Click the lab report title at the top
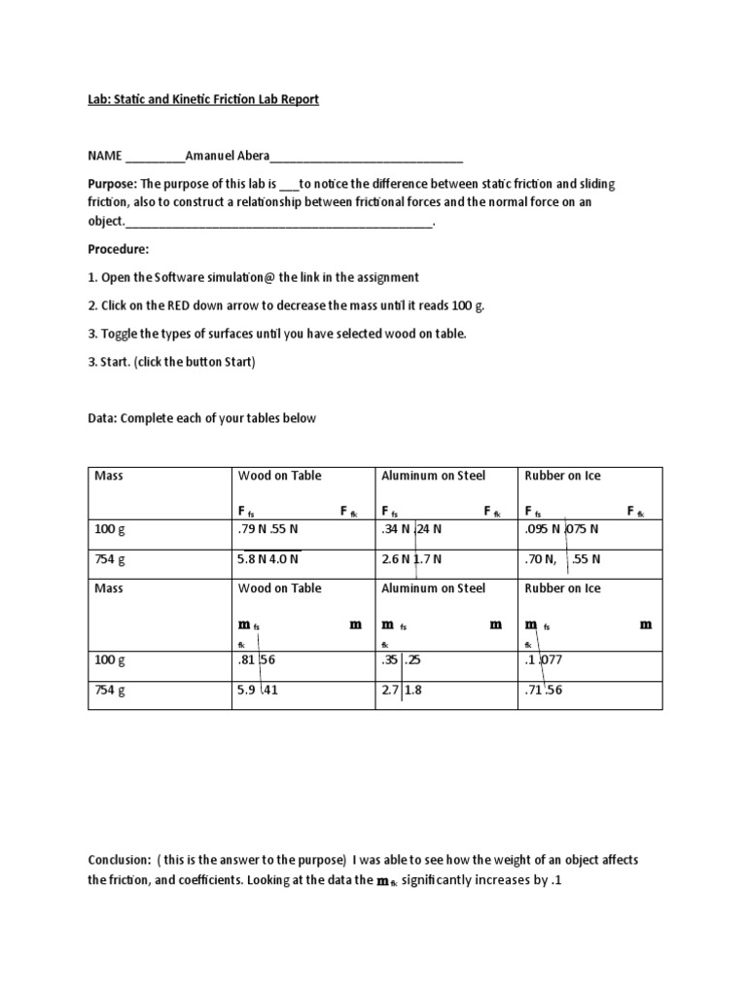203,100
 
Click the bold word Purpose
113,184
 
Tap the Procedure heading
119,249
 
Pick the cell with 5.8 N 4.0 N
267,559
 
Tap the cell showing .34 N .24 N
411,531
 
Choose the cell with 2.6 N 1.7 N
411,559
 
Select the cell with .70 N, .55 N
562,559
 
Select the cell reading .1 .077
545,659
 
